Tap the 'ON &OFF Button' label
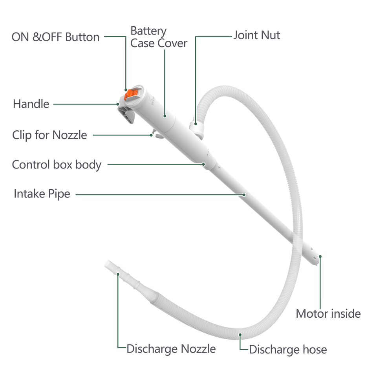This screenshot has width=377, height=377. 55,37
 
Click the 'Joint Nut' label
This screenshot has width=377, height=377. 257,35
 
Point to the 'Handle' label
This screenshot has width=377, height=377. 31,104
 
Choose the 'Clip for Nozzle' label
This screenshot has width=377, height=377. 49,135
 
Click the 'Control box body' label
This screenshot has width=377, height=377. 57,165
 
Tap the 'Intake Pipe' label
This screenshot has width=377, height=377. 42,194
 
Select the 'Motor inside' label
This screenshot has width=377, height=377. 328,314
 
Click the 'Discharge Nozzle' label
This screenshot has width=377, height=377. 171,349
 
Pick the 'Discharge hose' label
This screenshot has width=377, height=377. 288,350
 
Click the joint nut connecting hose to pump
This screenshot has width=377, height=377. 196,128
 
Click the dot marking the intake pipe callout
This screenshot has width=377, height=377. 244,194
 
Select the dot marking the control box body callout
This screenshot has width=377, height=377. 204,164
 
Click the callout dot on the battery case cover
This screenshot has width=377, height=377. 165,116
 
